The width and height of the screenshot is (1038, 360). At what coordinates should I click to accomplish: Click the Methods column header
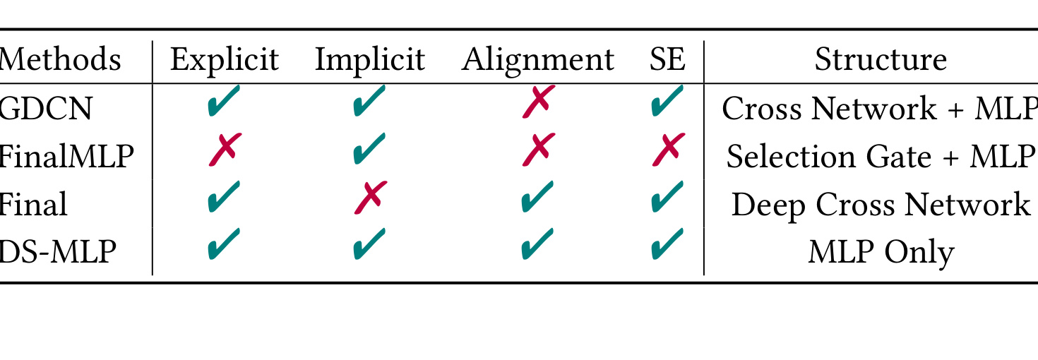[60, 59]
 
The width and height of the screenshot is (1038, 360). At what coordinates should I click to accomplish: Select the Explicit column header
[225, 61]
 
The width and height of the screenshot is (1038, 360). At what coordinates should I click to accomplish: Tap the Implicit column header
[370, 61]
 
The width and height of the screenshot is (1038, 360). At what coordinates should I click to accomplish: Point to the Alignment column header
[537, 61]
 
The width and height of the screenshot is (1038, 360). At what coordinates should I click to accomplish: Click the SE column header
[667, 59]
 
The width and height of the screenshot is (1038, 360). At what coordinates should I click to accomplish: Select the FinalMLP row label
[66, 156]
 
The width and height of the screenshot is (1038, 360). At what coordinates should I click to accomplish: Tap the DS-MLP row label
[57, 251]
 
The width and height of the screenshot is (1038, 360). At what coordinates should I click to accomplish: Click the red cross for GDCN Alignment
[539, 102]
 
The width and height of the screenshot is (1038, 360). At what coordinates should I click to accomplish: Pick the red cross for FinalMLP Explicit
[225, 149]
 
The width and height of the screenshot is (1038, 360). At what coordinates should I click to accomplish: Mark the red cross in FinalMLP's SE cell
[668, 149]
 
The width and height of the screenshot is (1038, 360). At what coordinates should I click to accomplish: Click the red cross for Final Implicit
[371, 198]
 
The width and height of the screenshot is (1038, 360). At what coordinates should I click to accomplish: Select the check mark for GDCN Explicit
[224, 100]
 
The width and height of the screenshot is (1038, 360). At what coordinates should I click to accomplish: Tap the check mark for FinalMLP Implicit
[369, 148]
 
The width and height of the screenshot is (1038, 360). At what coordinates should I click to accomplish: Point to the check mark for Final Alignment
[537, 196]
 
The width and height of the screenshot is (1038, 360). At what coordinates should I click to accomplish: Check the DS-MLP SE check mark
[667, 244]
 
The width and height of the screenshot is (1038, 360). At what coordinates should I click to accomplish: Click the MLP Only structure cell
[881, 253]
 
